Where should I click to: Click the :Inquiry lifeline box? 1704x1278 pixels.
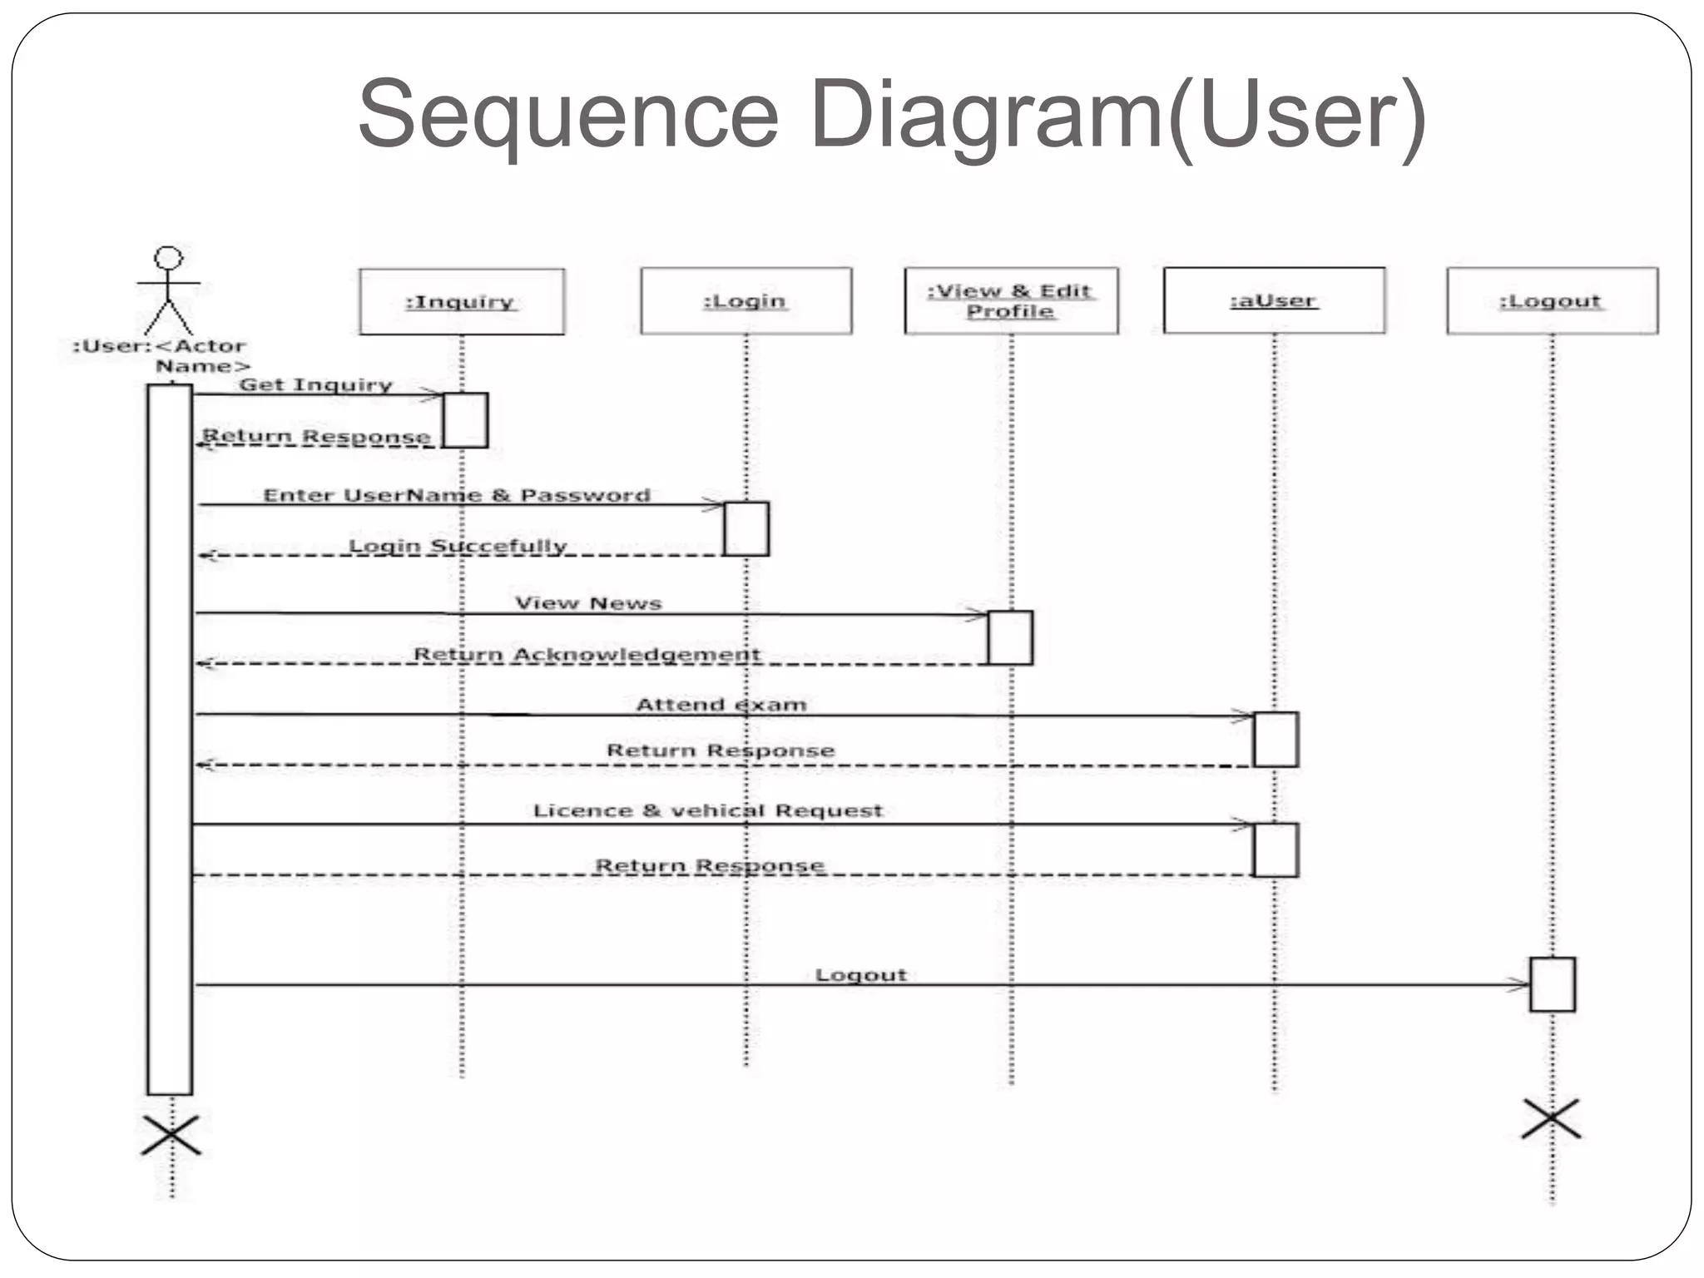(x=462, y=301)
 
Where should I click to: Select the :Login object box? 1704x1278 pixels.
(x=745, y=300)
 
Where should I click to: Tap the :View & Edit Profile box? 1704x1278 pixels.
(x=1011, y=300)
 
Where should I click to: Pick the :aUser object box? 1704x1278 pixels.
(x=1274, y=300)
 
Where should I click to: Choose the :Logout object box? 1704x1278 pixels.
(x=1552, y=300)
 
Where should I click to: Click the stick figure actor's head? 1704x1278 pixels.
(x=169, y=257)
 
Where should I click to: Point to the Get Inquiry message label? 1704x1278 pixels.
(x=315, y=384)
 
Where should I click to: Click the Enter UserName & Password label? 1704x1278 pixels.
(x=457, y=495)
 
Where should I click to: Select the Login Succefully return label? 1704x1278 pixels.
(x=457, y=546)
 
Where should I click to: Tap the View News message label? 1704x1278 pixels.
(x=588, y=603)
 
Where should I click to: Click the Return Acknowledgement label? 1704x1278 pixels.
(x=587, y=654)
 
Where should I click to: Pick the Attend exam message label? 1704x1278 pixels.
(x=721, y=705)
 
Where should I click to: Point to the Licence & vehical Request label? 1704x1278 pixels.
(x=707, y=810)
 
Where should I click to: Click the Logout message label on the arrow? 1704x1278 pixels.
(x=860, y=974)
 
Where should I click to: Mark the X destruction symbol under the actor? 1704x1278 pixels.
(x=171, y=1135)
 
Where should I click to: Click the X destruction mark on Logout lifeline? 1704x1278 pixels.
(x=1551, y=1119)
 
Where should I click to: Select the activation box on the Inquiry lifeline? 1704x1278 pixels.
(x=465, y=420)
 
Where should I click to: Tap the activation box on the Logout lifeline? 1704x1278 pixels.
(x=1552, y=984)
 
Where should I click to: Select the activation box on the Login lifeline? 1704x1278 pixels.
(x=746, y=528)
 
